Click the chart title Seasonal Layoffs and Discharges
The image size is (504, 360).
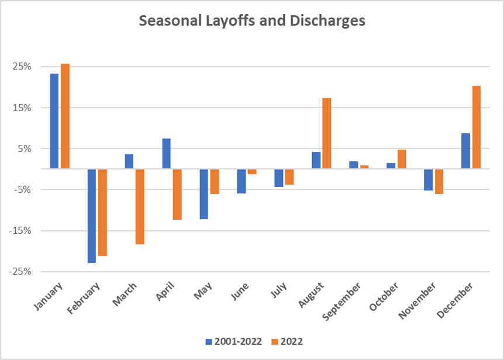click(x=252, y=22)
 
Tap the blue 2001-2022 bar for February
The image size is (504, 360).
click(x=92, y=216)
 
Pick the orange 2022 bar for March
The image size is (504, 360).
click(x=140, y=206)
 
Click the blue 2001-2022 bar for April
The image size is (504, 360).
click(x=167, y=154)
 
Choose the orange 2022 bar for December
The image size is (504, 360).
click(x=477, y=127)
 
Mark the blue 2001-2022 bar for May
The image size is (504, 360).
click(x=204, y=194)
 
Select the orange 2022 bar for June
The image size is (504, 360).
click(x=252, y=172)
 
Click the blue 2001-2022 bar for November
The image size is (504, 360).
click(x=429, y=180)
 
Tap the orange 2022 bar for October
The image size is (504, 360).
click(x=402, y=159)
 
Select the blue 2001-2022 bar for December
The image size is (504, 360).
click(x=466, y=151)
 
